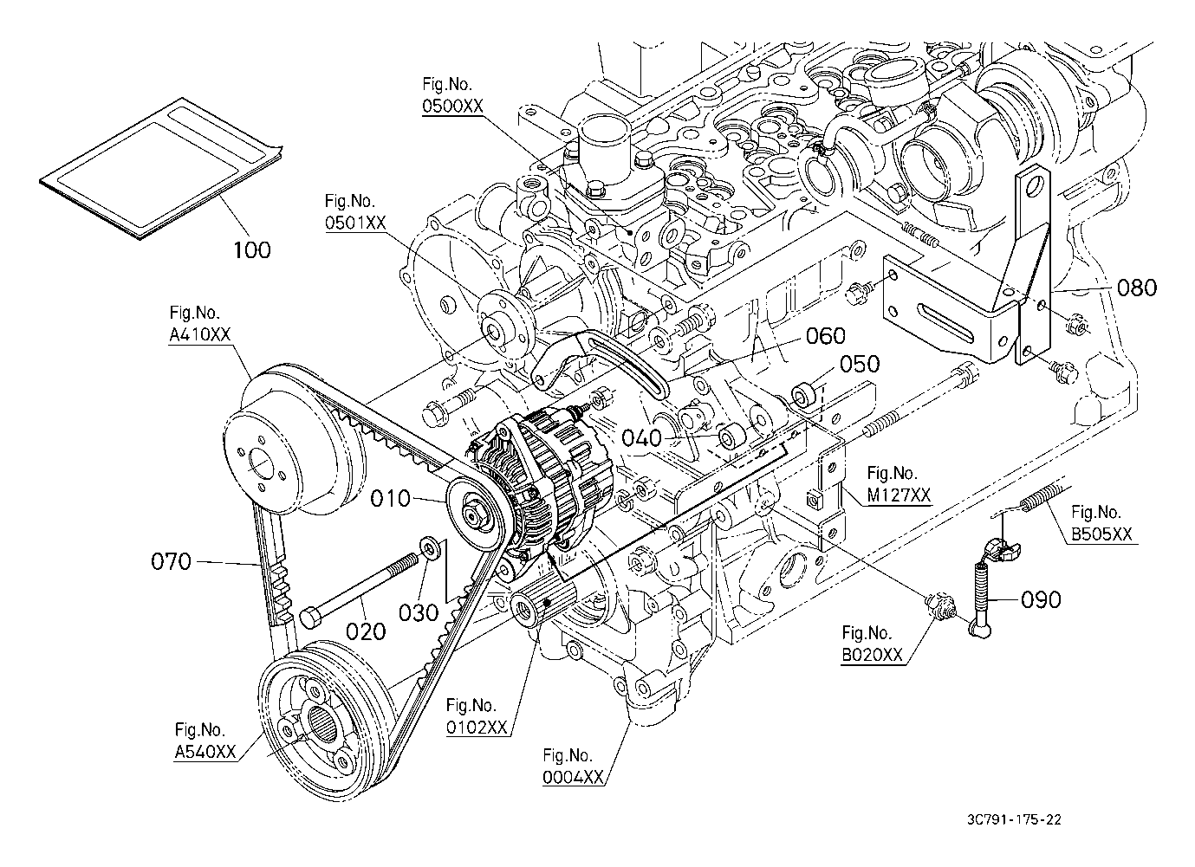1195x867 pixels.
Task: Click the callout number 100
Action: coord(252,249)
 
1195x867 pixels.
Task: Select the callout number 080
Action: coord(1137,288)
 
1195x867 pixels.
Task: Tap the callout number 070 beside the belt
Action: coord(171,561)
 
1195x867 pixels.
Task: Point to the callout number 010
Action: coord(391,499)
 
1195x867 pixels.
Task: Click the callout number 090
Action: coord(1040,600)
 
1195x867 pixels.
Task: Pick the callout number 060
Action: coord(825,336)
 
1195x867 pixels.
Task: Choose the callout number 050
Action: coord(860,364)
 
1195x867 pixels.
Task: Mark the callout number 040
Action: coord(642,438)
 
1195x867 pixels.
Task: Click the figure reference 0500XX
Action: coord(452,107)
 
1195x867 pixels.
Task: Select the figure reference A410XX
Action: coord(199,334)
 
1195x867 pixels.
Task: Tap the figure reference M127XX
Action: coord(899,495)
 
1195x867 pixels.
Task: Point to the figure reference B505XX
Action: coord(1101,534)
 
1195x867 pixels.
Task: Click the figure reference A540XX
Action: coord(205,752)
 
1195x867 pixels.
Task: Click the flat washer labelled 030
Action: coord(430,547)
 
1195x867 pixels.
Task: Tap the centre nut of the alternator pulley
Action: coord(474,514)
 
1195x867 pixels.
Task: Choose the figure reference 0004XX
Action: coord(573,778)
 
